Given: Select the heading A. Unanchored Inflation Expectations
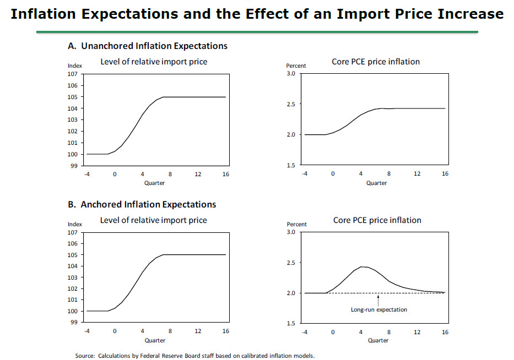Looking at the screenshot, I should pyautogui.click(x=147, y=46).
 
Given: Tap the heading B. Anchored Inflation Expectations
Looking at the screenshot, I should pyautogui.click(x=142, y=205).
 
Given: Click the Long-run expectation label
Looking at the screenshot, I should pyautogui.click(x=379, y=309).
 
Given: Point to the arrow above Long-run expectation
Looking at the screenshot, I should pyautogui.click(x=378, y=299).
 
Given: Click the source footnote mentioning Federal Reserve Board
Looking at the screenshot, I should pyautogui.click(x=194, y=356).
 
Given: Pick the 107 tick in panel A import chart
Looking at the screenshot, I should pyautogui.click(x=72, y=74).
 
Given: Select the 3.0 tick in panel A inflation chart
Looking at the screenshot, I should pyautogui.click(x=291, y=73).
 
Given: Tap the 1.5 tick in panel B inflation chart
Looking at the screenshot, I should pyautogui.click(x=291, y=323).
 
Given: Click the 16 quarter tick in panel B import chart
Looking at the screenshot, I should pyautogui.click(x=226, y=331).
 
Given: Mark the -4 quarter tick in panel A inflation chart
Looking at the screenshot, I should pyautogui.click(x=305, y=174).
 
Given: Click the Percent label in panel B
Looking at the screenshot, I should pyautogui.click(x=296, y=225).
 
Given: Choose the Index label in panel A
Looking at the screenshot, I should pyautogui.click(x=75, y=66).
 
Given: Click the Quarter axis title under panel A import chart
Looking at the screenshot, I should pyautogui.click(x=154, y=183).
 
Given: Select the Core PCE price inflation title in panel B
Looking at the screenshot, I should pyautogui.click(x=377, y=220).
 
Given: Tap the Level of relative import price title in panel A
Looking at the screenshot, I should pyautogui.click(x=154, y=62).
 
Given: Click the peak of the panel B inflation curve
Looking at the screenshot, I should pyautogui.click(x=362, y=266).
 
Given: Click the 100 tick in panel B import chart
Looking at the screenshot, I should pyautogui.click(x=72, y=311).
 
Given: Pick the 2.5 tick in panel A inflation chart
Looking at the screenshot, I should pyautogui.click(x=291, y=104).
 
